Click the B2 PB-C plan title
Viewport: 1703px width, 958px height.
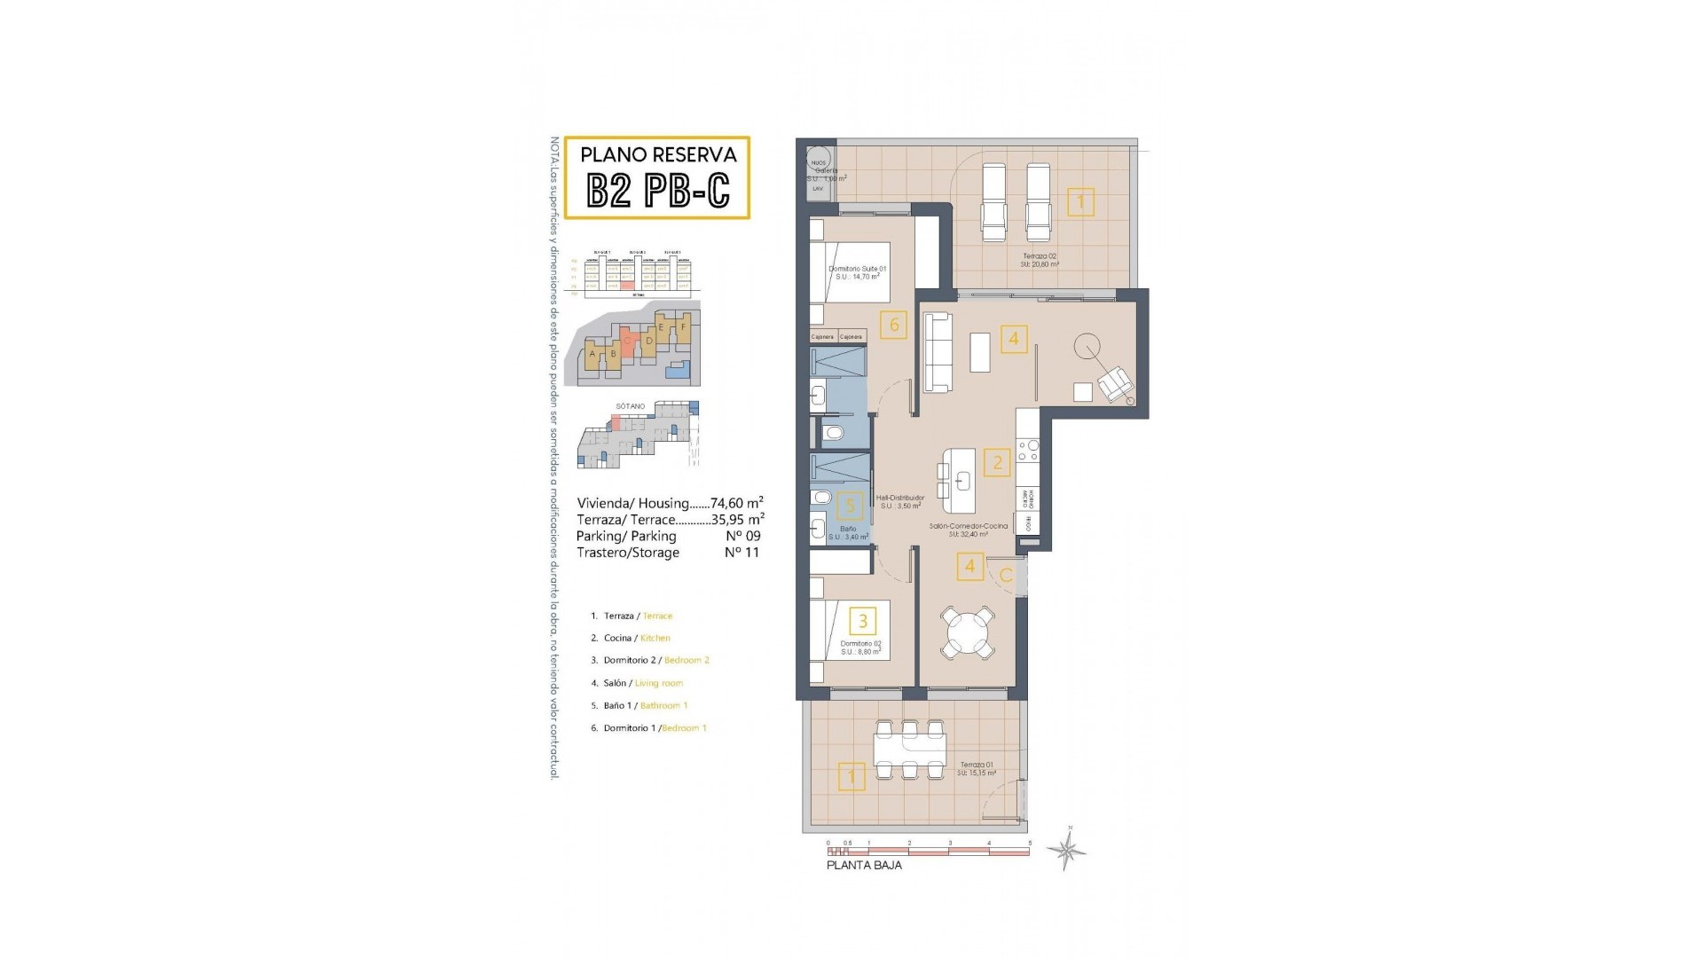[x=658, y=189]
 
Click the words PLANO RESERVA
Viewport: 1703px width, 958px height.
[x=658, y=154]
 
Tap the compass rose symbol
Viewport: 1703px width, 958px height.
[x=1067, y=852]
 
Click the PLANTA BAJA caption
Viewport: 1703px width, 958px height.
[x=864, y=865]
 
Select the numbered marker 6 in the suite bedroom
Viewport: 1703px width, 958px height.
[x=893, y=325]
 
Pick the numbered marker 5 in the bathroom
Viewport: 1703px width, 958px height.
[x=850, y=506]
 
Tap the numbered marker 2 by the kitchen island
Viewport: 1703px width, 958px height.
[x=997, y=462]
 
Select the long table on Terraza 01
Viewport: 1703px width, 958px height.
[x=909, y=750]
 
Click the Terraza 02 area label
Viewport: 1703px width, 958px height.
[x=1040, y=259]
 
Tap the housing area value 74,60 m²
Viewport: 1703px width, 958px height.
[x=737, y=503]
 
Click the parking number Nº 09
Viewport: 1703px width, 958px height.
[x=742, y=536]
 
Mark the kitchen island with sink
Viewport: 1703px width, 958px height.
[x=959, y=480]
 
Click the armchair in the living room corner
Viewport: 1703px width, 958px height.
[x=1115, y=384]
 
